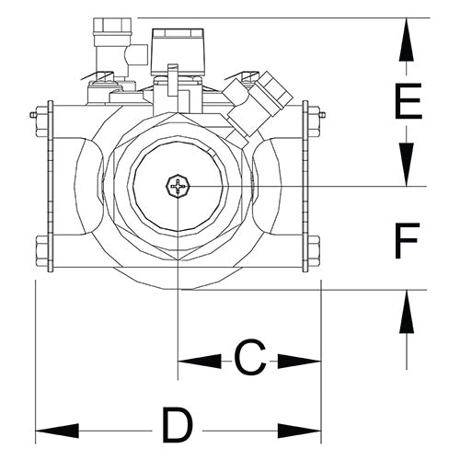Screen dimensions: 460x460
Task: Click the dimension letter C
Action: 249,358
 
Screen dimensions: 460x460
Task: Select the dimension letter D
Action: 178,426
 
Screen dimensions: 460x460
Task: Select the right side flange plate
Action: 304,184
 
